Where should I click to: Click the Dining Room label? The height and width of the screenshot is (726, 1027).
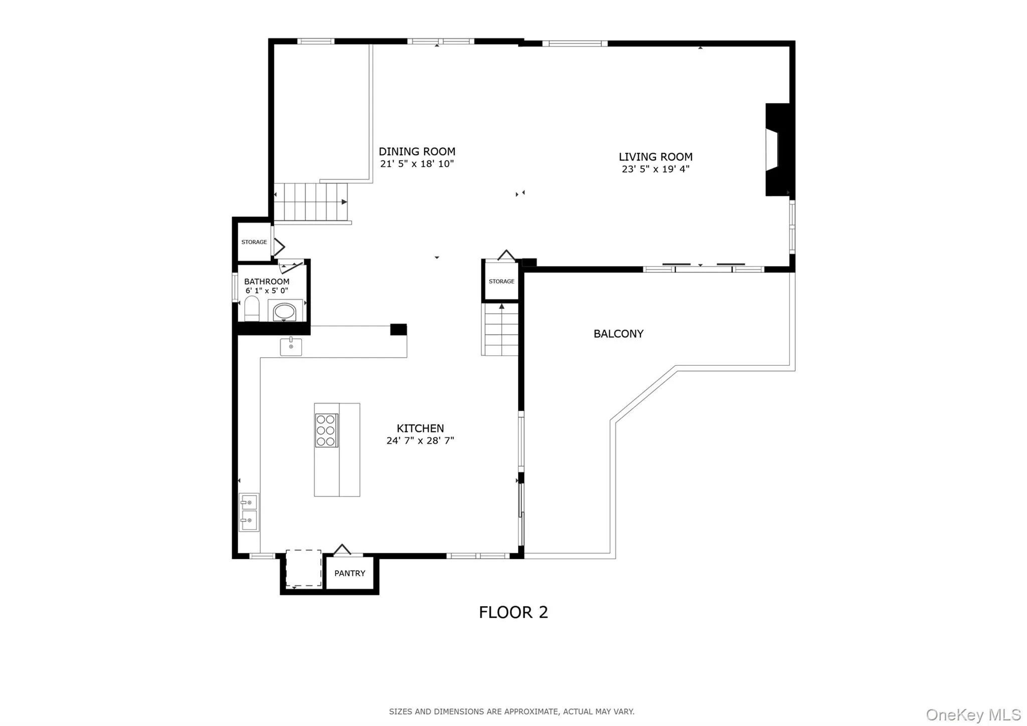(417, 152)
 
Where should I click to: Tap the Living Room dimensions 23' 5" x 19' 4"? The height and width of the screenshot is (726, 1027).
(655, 169)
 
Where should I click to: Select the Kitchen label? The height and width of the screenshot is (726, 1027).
(420, 428)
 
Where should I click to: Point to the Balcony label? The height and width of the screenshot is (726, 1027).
(618, 334)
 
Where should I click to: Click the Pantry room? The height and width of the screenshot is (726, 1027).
(350, 573)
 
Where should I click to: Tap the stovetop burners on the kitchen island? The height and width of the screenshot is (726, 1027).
(326, 430)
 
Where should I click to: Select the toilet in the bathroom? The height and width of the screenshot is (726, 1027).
(251, 309)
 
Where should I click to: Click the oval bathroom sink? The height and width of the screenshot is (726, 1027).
(284, 312)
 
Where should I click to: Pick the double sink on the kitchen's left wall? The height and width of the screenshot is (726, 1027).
(249, 512)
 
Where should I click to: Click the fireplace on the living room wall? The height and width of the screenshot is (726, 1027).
(777, 150)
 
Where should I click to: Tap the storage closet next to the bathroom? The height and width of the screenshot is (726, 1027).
(254, 242)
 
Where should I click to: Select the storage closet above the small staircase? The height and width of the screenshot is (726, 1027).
(501, 281)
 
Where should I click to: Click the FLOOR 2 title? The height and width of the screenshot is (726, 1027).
(513, 612)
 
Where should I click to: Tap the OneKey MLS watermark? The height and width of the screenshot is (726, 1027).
(973, 714)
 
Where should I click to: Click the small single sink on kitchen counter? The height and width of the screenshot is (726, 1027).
(291, 346)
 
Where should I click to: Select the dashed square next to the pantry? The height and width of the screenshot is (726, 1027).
(303, 568)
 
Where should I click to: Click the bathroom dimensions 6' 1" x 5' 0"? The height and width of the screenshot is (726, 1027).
(266, 291)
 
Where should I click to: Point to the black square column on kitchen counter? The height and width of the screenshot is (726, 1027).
(398, 330)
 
